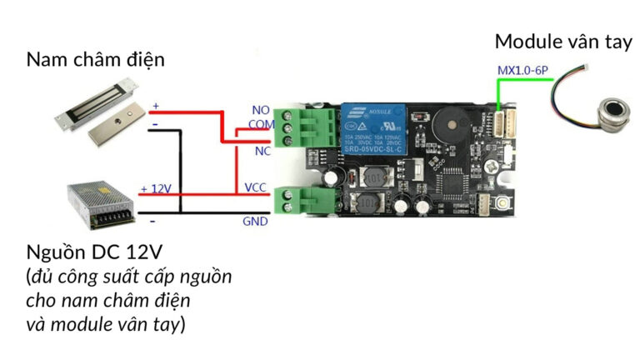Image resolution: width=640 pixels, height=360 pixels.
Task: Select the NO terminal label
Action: coord(260,110)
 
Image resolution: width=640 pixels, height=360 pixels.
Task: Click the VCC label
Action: coord(256,187)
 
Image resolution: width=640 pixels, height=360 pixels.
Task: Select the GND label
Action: coord(255,222)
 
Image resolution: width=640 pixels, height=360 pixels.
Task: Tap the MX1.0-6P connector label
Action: coord(522,72)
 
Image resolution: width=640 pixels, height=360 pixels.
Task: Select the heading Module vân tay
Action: coord(562,42)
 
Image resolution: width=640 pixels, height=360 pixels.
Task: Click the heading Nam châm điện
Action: coord(96,60)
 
